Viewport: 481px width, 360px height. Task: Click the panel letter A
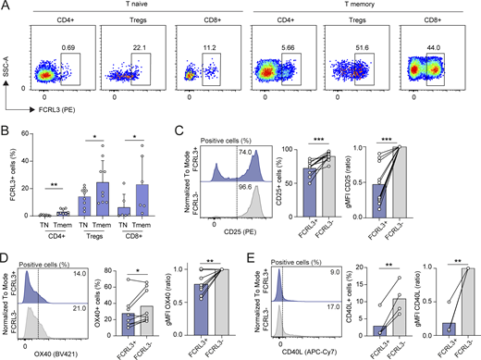tap(6, 6)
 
